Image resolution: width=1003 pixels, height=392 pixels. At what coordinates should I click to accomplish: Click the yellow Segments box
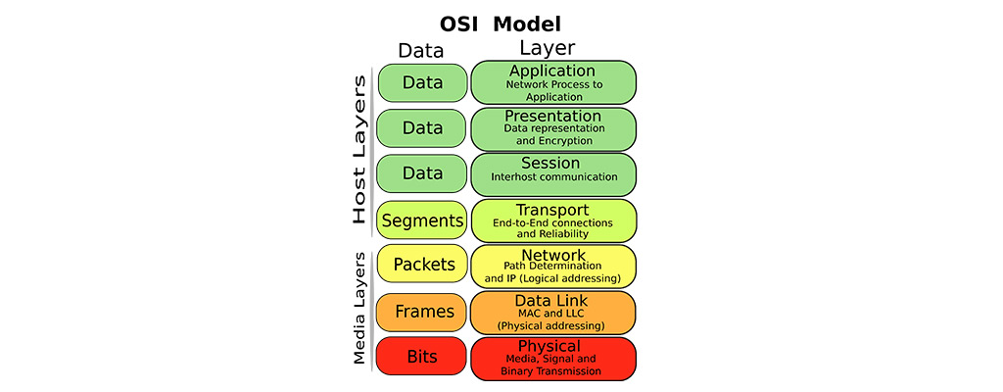click(422, 221)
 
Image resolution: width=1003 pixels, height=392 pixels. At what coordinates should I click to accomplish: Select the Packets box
click(422, 265)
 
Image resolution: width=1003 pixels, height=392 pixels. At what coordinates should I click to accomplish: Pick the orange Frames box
click(422, 312)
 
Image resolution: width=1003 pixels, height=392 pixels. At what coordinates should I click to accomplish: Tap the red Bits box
click(422, 358)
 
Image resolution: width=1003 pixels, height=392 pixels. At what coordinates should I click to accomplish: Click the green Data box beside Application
click(422, 83)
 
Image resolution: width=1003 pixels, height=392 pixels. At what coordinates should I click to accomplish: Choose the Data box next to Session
click(422, 173)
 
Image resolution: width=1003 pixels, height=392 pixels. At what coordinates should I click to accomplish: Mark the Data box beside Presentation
click(422, 128)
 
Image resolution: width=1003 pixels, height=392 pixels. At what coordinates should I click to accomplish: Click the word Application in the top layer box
click(552, 72)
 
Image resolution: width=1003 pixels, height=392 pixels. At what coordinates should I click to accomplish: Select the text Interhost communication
click(553, 177)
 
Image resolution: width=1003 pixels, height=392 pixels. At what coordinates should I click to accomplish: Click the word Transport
click(552, 210)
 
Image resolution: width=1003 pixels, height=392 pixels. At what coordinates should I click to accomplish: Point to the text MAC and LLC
click(552, 313)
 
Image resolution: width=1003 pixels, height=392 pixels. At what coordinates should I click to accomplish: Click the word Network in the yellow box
click(552, 255)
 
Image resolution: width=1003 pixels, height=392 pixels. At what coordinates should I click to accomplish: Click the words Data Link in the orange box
click(552, 300)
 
